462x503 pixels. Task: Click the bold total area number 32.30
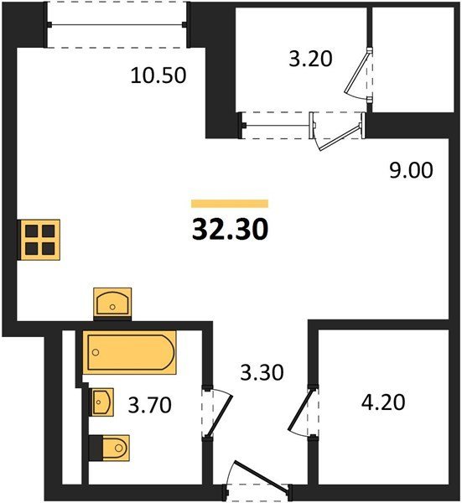(x=230, y=230)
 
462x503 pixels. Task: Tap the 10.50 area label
(x=158, y=75)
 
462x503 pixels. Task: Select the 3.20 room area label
(x=310, y=59)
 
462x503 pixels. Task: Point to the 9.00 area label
(x=411, y=170)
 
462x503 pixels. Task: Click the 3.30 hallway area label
(x=262, y=372)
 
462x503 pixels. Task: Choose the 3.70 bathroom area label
(x=150, y=405)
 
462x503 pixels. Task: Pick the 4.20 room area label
(x=383, y=402)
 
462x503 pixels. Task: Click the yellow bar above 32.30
(x=230, y=204)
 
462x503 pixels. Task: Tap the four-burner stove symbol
(x=39, y=240)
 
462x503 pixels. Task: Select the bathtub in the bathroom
(x=130, y=353)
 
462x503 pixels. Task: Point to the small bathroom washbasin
(x=102, y=402)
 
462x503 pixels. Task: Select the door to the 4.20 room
(x=300, y=411)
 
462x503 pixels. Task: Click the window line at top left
(x=116, y=24)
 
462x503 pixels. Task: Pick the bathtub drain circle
(x=96, y=353)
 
